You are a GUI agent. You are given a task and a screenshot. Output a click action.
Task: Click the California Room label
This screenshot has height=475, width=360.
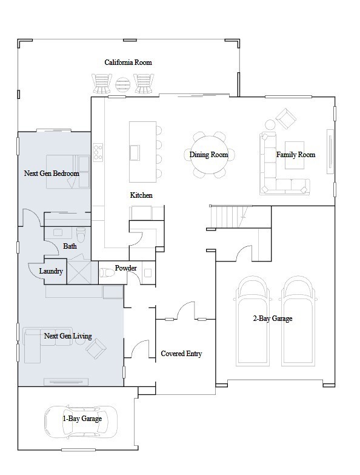point(128,62)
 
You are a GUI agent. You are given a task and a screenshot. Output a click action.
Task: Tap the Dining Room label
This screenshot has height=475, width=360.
point(208,155)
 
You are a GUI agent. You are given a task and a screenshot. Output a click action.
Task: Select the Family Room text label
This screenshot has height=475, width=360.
point(296,155)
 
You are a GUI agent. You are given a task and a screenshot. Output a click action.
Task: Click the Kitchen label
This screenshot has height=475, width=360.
point(141,195)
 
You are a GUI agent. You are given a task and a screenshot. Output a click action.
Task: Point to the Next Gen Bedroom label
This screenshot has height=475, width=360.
point(52,173)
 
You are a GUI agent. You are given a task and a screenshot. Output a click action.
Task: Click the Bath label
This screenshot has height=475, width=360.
point(70,246)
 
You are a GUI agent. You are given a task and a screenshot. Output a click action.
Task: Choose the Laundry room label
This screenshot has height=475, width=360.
point(51,271)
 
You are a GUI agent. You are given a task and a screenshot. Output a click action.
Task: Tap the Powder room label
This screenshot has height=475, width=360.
point(125,268)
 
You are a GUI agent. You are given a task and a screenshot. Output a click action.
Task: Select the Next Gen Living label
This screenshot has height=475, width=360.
point(68,335)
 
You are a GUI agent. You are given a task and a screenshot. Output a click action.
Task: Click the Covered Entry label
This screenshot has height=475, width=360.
point(181,354)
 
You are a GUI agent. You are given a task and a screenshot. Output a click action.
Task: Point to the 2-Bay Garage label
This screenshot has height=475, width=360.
point(273,318)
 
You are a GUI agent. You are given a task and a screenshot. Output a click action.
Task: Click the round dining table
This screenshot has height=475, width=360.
point(208,155)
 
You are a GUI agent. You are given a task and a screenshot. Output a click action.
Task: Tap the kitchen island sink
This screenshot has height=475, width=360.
point(135,152)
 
